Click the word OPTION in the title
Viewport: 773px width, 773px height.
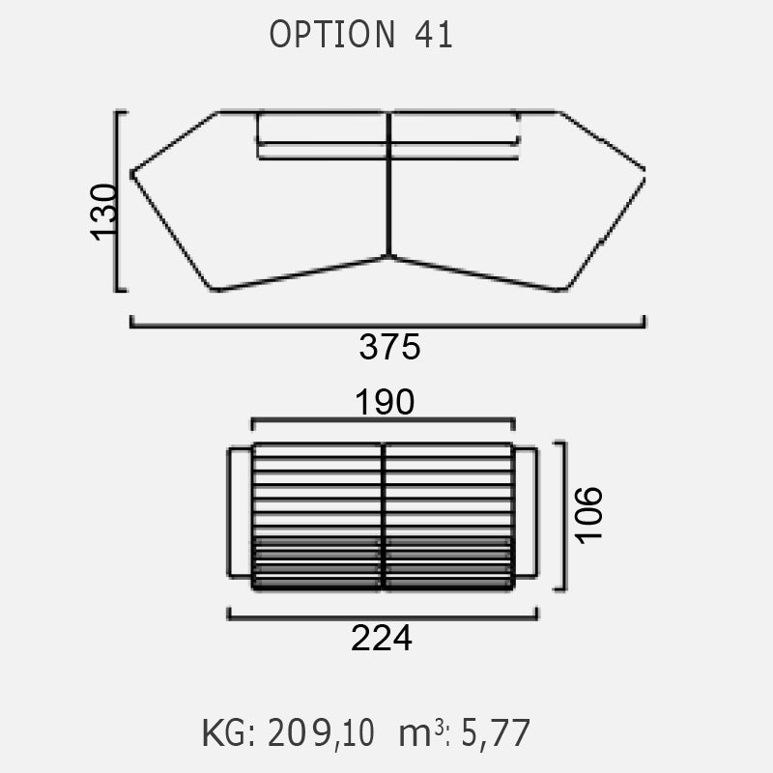tap(332, 35)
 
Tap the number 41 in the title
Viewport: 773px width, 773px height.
tap(433, 35)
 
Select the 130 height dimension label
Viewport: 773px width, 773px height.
tap(104, 212)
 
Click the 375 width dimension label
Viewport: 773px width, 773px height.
tap(389, 347)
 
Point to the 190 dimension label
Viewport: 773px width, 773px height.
tap(385, 402)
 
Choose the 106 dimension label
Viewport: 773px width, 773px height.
tap(589, 515)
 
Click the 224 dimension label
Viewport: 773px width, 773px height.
tap(381, 639)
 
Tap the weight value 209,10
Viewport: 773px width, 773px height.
tap(321, 733)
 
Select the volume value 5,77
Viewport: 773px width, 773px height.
tap(496, 733)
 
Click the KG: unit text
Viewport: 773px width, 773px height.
tap(229, 733)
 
